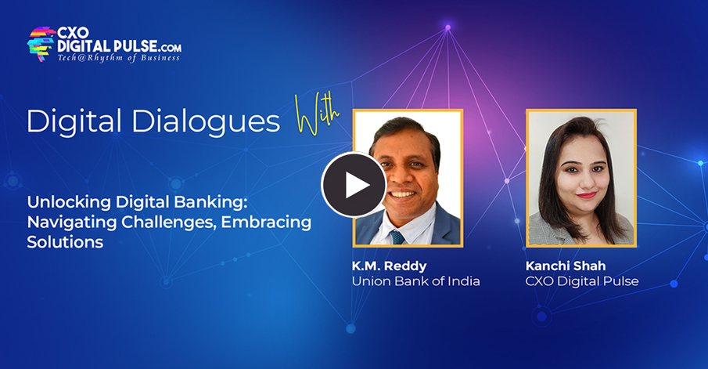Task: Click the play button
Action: (354, 185)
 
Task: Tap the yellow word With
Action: (318, 116)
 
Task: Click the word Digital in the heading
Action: (70, 121)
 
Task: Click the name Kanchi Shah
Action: (564, 266)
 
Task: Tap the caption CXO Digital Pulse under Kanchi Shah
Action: (582, 281)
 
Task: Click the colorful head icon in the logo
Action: (41, 43)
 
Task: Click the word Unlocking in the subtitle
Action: (63, 201)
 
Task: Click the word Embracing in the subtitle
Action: (266, 222)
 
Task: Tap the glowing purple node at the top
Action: (447, 28)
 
